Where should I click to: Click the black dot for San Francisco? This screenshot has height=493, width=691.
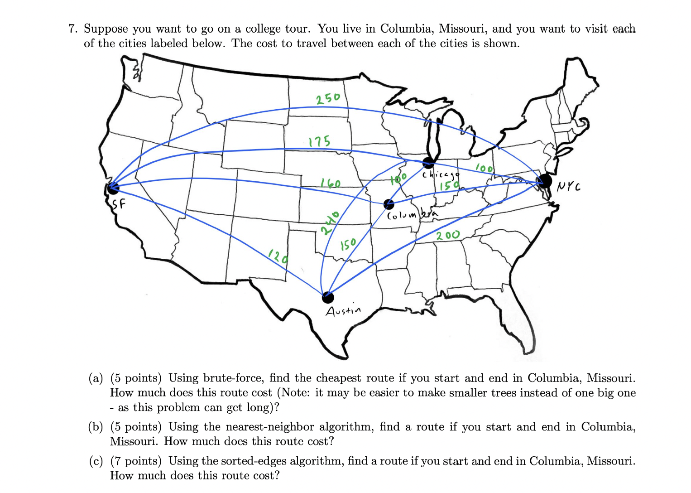[x=113, y=187]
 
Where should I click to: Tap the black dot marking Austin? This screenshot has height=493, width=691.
[x=328, y=297]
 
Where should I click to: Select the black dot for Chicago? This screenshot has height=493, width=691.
[x=428, y=162]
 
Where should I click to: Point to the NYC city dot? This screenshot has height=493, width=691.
[x=545, y=181]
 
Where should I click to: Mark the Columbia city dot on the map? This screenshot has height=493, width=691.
[x=389, y=204]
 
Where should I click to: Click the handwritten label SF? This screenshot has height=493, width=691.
[x=119, y=204]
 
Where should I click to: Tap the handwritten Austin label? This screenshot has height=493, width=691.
[x=343, y=311]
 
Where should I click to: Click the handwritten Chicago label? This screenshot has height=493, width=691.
[x=440, y=174]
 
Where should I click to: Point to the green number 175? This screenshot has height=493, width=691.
[x=319, y=141]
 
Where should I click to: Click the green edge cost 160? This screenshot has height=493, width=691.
[x=331, y=183]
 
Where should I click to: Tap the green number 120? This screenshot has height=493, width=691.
[x=278, y=257]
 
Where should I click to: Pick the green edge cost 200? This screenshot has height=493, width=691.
[x=448, y=235]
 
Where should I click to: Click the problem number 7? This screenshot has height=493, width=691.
[x=72, y=29]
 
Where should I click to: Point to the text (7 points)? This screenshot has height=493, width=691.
[x=136, y=461]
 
